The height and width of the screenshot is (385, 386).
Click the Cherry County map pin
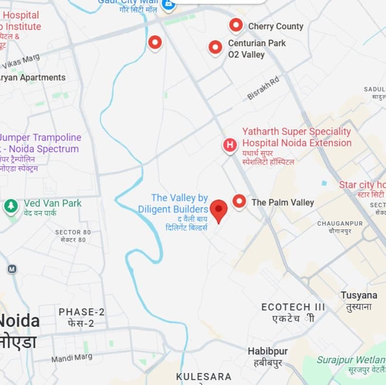236,25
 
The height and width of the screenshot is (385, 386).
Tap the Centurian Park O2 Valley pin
215,47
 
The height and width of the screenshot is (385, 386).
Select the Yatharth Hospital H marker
230,145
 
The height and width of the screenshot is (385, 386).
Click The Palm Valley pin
239,202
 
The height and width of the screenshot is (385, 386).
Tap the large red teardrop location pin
218,211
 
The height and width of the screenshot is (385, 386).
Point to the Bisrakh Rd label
263,88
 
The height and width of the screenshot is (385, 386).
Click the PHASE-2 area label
81,312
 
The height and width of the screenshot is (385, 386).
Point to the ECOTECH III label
293,307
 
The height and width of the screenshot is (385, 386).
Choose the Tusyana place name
359,295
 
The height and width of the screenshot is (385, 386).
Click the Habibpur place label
268,351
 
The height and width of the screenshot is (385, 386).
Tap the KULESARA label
204,377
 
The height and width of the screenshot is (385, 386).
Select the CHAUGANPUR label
340,223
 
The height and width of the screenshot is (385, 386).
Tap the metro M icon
12,269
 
